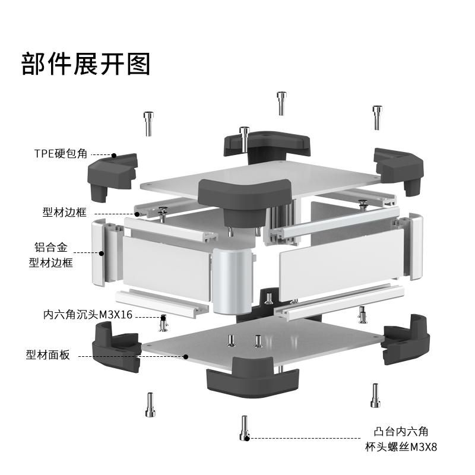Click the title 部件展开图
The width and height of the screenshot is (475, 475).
pyautogui.click(x=86, y=64)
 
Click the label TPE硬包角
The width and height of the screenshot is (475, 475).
pyautogui.click(x=60, y=153)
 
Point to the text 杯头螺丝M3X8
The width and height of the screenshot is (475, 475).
pyautogui.click(x=401, y=446)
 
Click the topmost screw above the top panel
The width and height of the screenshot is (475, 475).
pyautogui.click(x=281, y=103)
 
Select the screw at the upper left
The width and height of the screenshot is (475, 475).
pyautogui.click(x=148, y=123)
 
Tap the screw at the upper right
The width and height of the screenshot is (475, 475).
pyautogui.click(x=377, y=117)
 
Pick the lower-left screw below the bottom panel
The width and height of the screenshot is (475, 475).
pyautogui.click(x=148, y=405)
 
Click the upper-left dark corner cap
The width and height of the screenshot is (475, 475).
pyautogui.click(x=112, y=172)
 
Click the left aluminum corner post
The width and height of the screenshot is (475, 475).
pyautogui.click(x=104, y=252)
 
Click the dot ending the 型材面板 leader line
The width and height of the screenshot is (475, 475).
pyautogui.click(x=186, y=357)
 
